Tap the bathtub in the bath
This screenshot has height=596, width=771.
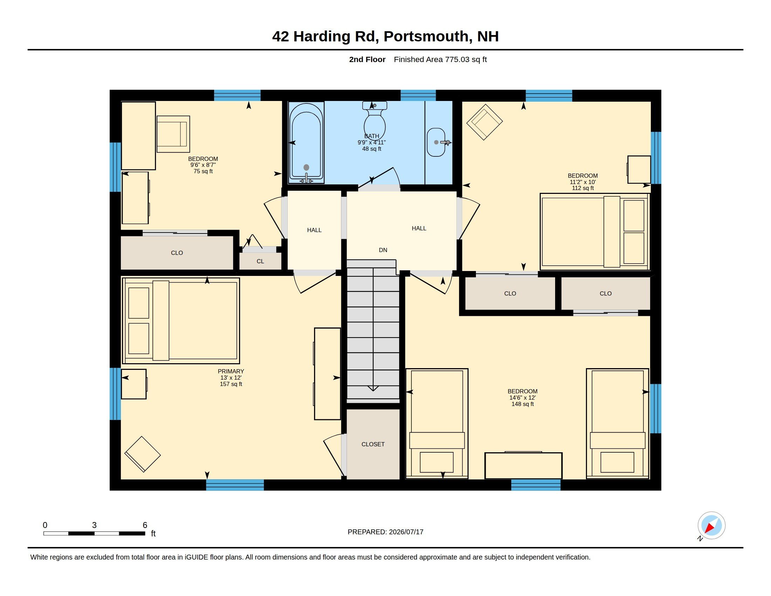(x=306, y=142)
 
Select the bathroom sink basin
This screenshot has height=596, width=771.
(x=436, y=142)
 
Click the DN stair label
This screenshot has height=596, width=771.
(x=383, y=250)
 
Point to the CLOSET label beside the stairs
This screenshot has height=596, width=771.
(x=373, y=444)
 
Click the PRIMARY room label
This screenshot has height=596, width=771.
(x=231, y=371)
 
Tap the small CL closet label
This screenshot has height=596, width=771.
(x=260, y=261)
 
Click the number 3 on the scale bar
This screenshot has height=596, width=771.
(x=94, y=525)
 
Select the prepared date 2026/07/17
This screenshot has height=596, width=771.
(x=406, y=532)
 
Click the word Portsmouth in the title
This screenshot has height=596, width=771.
(x=426, y=36)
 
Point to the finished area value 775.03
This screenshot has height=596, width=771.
(x=457, y=59)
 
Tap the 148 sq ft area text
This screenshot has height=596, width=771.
(x=523, y=404)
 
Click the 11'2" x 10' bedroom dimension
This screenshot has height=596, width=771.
(x=582, y=182)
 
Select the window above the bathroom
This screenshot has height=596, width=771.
(x=418, y=95)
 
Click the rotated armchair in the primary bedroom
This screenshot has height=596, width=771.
(x=143, y=454)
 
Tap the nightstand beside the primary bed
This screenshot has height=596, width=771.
(x=134, y=384)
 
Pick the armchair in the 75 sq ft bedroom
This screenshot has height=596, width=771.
(x=173, y=134)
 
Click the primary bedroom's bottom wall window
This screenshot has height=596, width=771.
(x=235, y=485)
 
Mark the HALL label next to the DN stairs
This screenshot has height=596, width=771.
(x=419, y=229)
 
